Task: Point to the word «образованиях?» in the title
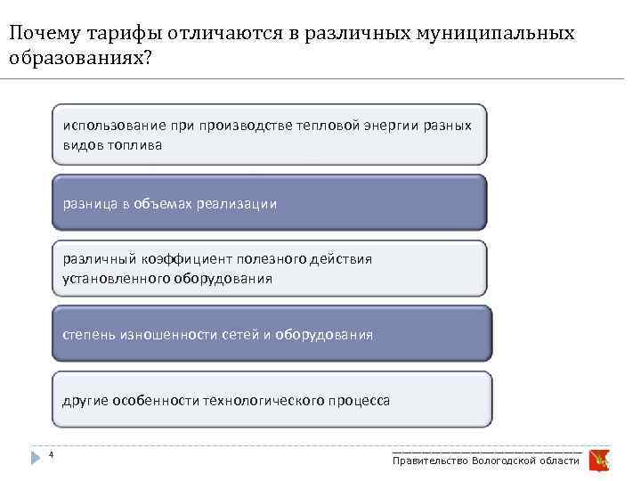click(x=79, y=58)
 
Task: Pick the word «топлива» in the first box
click(x=136, y=144)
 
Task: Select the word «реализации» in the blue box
click(x=243, y=204)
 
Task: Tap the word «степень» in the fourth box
click(x=89, y=335)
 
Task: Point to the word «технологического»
click(x=269, y=401)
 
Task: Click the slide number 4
click(x=51, y=456)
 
